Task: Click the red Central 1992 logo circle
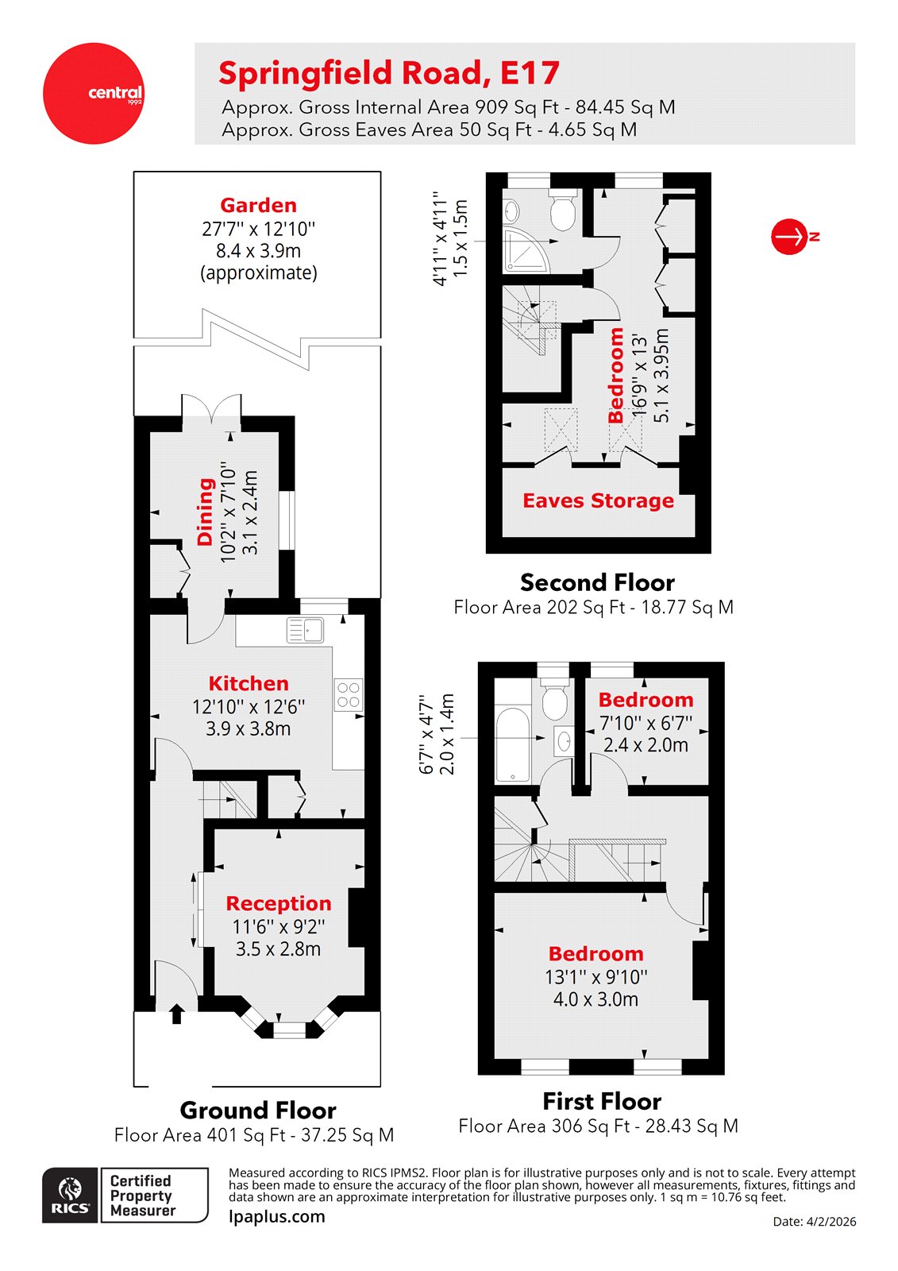94,94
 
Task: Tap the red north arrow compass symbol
790,237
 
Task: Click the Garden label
258,205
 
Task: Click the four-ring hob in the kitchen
348,694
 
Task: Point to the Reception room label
278,903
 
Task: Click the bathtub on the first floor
513,745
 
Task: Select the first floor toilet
553,699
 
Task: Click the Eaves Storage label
598,500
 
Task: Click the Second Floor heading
597,582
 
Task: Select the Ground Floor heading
258,1110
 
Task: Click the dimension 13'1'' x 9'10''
595,976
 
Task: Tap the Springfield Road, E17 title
389,73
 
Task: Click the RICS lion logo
71,1194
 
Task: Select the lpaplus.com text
276,1216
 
